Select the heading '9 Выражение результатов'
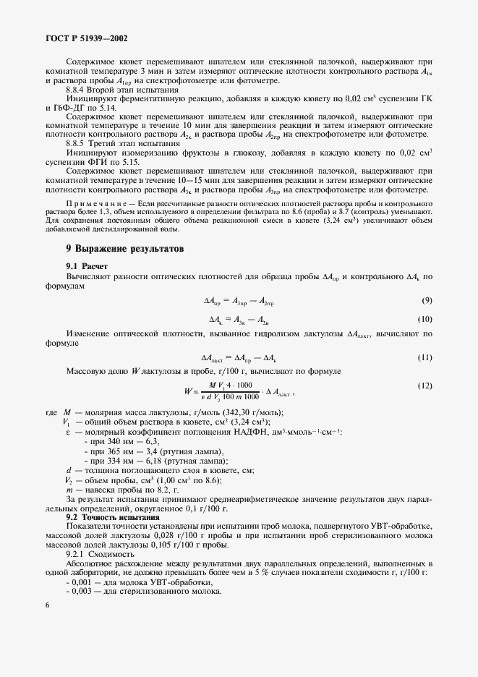[x=124, y=248]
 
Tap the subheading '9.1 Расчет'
[x=87, y=266]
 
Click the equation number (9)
[x=427, y=299]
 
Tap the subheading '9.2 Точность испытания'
[x=112, y=517]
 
